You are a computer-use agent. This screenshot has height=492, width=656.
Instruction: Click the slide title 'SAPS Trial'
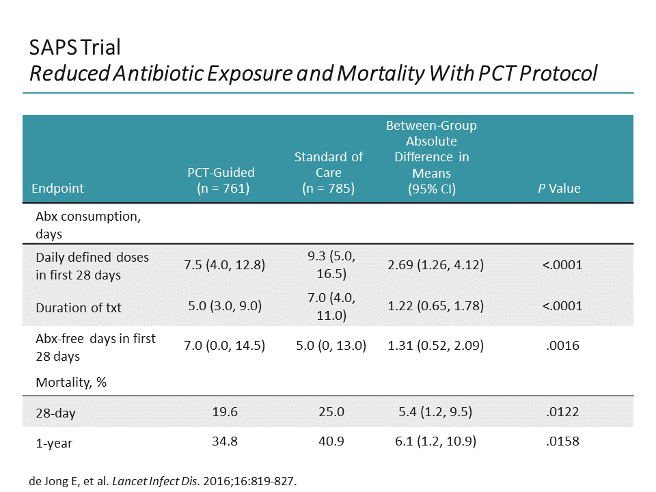(75, 47)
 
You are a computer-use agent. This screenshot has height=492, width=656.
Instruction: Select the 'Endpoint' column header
(58, 188)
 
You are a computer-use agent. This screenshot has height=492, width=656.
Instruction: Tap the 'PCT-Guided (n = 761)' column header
(221, 180)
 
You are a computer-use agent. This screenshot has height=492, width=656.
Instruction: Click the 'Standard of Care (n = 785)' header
(328, 172)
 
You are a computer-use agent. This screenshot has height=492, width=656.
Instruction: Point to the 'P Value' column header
(558, 188)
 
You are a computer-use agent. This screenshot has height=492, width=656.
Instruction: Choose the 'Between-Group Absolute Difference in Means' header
(431, 156)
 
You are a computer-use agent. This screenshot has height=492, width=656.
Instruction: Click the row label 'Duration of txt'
(79, 307)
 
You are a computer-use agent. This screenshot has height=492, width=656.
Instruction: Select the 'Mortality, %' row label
(71, 383)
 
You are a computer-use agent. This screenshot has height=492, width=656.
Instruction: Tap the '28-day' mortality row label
(55, 413)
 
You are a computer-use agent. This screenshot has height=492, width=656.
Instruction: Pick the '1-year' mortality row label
(54, 443)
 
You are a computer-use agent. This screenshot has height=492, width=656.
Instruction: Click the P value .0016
(562, 346)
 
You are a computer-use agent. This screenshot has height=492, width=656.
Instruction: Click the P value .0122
(562, 412)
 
